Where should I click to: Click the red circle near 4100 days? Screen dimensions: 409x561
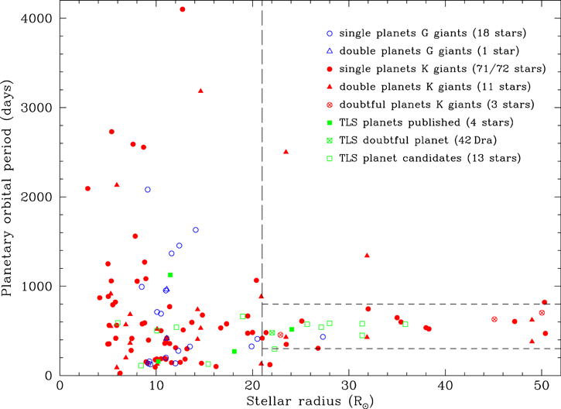click(182, 9)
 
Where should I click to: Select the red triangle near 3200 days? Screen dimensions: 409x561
click(200, 91)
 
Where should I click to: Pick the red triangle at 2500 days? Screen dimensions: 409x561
click(286, 152)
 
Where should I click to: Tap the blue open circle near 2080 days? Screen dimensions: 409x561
click(148, 190)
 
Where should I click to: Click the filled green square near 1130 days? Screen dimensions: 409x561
click(170, 275)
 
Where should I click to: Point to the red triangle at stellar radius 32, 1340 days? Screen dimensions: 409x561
click(367, 255)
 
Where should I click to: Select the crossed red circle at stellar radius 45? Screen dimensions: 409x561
click(494, 320)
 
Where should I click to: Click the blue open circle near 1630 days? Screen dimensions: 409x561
click(196, 230)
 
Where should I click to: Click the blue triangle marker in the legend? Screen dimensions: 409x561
click(330, 51)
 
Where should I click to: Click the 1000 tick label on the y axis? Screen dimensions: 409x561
click(35, 287)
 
